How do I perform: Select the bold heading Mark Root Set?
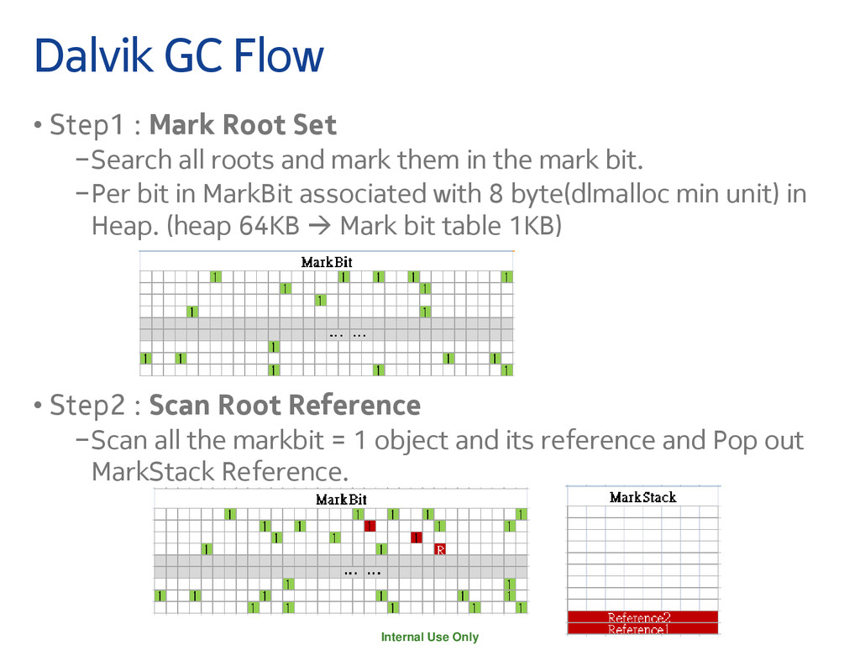tap(243, 125)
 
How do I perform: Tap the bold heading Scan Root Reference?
tap(285, 406)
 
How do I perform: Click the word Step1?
tap(81, 125)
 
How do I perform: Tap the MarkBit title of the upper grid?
tap(327, 262)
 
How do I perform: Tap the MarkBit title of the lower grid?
tap(341, 500)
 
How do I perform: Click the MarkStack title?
tap(642, 497)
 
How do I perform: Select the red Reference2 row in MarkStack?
tap(642, 617)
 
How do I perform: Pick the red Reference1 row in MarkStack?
tap(642, 629)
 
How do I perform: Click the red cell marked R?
tap(440, 550)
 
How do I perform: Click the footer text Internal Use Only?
tap(430, 637)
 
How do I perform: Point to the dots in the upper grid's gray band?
tap(348, 334)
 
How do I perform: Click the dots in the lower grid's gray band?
tap(363, 572)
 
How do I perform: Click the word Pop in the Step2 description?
tap(737, 440)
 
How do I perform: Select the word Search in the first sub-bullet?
tap(128, 159)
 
